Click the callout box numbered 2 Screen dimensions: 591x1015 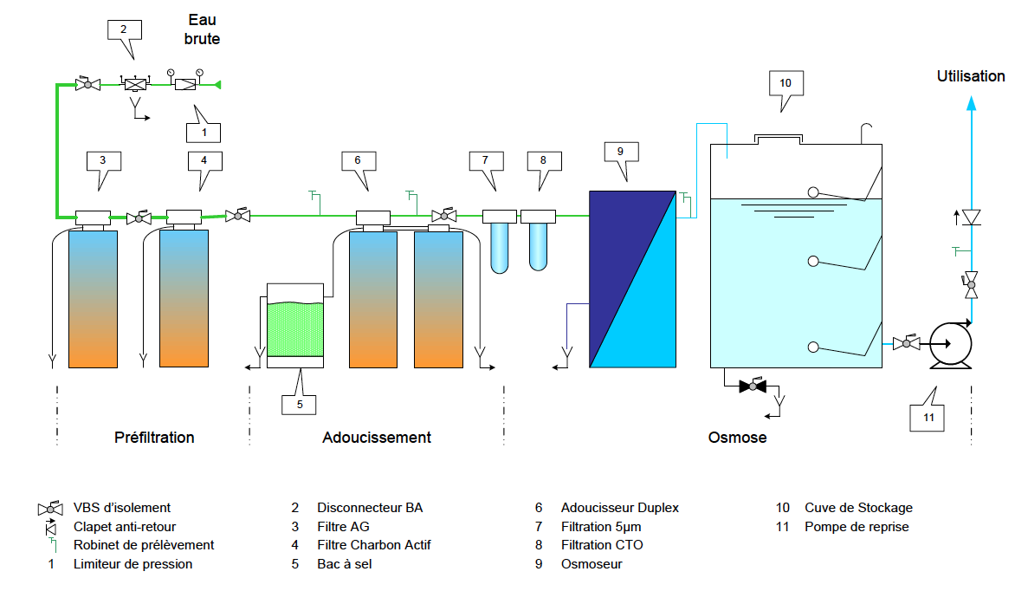tap(123, 29)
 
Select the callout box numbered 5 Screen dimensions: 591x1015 tap(299, 403)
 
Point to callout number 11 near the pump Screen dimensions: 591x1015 tap(928, 419)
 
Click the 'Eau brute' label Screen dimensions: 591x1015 tap(203, 29)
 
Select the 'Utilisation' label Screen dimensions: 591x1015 tap(971, 76)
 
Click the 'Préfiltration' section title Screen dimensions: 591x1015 tap(154, 438)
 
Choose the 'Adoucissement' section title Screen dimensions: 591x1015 tap(377, 438)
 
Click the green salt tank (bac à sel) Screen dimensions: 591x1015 tap(295, 328)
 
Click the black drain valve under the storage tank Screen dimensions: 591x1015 tap(753, 386)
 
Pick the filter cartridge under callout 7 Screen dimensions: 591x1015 tap(500, 247)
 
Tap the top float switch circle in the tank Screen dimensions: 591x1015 tap(813, 192)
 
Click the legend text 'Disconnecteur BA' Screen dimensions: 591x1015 tap(370, 508)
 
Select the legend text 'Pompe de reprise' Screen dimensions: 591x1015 tap(857, 527)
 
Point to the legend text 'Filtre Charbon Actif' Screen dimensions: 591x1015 tap(373, 545)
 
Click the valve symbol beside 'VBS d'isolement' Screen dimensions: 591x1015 tap(51, 508)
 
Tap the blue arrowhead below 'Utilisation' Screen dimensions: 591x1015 tap(971, 103)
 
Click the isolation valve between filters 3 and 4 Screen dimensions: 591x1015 tap(139, 218)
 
